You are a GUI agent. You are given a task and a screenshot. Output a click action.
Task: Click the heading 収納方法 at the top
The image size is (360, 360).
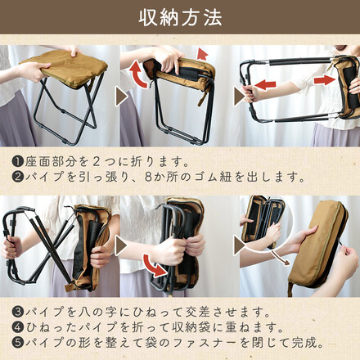click(180, 17)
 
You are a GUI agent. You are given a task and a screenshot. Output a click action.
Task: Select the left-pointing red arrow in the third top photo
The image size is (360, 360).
click(265, 83)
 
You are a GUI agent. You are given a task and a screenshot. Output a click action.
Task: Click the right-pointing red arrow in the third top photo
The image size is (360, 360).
click(324, 80)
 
